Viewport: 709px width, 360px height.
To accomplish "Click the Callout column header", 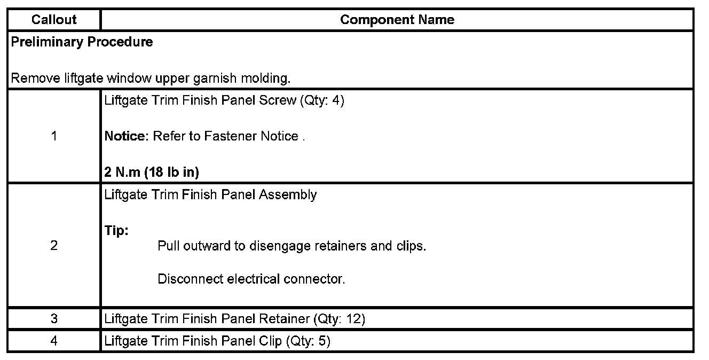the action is tap(54, 20).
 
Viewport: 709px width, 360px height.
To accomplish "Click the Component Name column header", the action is tap(397, 20).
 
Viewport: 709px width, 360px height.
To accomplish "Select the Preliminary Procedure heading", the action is tap(82, 42).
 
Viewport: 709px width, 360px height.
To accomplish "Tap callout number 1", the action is tap(54, 136).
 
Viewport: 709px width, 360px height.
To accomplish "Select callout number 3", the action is tap(54, 319).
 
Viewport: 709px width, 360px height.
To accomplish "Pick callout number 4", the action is tap(54, 341).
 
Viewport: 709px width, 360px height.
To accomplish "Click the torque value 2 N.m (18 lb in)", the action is tap(152, 173).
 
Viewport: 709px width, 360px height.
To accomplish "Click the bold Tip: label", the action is tap(117, 231).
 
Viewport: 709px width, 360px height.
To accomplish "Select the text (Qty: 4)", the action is tap(322, 100).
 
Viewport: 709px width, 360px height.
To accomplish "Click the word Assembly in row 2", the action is tap(288, 194).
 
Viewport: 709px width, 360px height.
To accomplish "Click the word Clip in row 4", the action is tap(271, 341).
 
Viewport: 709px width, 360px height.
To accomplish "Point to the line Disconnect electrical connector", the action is tap(251, 279).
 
